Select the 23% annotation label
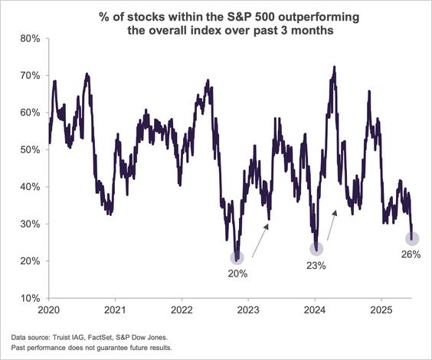(x=316, y=266)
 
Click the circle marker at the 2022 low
(x=237, y=258)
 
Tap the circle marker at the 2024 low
(x=316, y=248)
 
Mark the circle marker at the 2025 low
(x=412, y=239)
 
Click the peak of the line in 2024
(x=335, y=67)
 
